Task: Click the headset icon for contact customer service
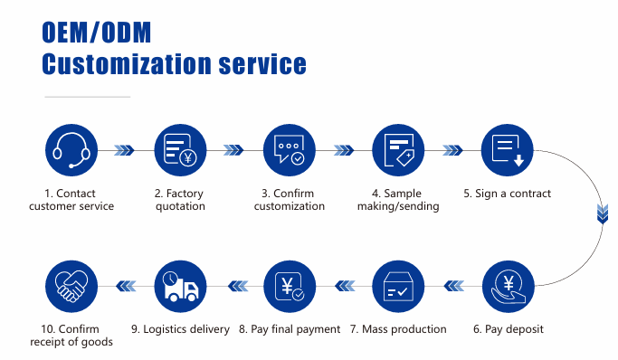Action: coord(71,150)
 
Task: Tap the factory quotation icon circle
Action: coord(180,150)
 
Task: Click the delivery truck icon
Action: coord(180,287)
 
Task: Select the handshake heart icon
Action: coord(71,287)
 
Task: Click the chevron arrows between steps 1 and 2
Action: coord(125,150)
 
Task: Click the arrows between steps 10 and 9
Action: coord(125,287)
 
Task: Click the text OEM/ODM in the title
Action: coord(97,32)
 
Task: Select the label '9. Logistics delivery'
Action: coord(180,329)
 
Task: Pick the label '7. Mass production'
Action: coord(398,329)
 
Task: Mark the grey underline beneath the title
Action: coord(87,96)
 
